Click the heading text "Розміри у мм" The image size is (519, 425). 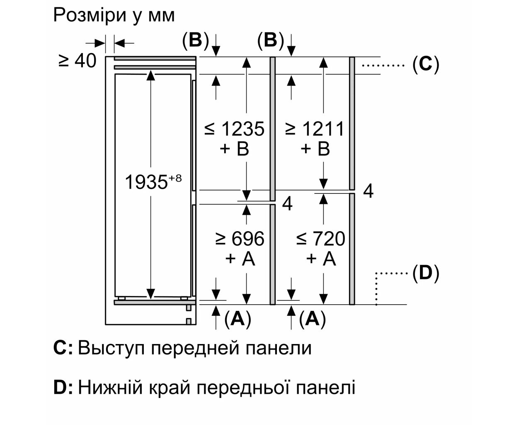click(114, 15)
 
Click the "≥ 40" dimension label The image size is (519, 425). click(78, 61)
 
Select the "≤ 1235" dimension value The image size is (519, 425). click(234, 129)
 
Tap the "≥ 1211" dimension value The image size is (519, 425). click(315, 129)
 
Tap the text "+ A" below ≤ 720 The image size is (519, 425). click(320, 259)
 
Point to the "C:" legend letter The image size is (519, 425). click(63, 348)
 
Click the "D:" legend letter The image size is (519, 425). click(63, 388)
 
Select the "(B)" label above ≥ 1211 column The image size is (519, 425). click(270, 41)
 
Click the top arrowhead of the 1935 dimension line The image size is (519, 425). click(151, 75)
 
